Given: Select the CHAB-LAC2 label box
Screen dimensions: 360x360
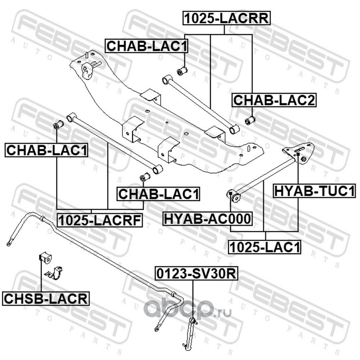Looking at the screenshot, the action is coord(274,100).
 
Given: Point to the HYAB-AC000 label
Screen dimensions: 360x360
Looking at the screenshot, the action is coord(207,219).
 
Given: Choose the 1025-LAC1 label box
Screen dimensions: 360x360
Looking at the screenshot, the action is coord(264,247).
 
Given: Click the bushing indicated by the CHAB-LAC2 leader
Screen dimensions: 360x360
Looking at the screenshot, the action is coord(251,120).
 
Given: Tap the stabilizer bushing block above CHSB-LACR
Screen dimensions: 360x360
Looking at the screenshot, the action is coord(46,257).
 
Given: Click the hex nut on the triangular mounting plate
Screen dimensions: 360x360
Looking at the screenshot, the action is coord(305,160).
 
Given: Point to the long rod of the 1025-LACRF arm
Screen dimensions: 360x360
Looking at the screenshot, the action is coord(112,141).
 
